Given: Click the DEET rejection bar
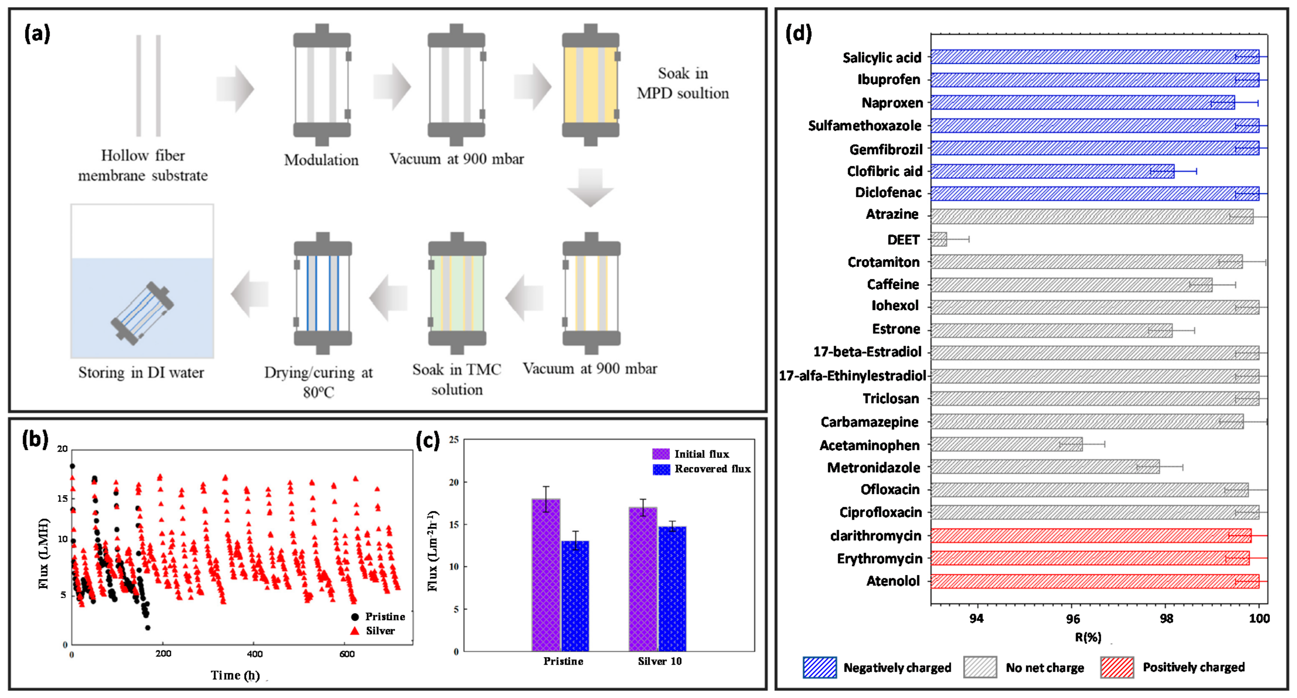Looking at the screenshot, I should [938, 239].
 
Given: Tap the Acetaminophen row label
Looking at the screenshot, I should [870, 445].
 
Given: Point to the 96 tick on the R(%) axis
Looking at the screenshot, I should [1073, 619].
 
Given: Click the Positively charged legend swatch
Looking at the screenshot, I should [1117, 667].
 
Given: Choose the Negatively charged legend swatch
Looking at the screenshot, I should [820, 667].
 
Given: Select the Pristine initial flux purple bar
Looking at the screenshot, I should [546, 574].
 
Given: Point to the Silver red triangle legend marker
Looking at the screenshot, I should [355, 631].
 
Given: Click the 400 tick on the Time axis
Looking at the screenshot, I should [255, 654].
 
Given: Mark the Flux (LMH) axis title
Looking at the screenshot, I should [44, 554].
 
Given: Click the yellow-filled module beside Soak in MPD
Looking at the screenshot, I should [590, 85].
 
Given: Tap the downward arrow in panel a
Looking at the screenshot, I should [590, 187].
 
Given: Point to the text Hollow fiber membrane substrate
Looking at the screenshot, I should [142, 165].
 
